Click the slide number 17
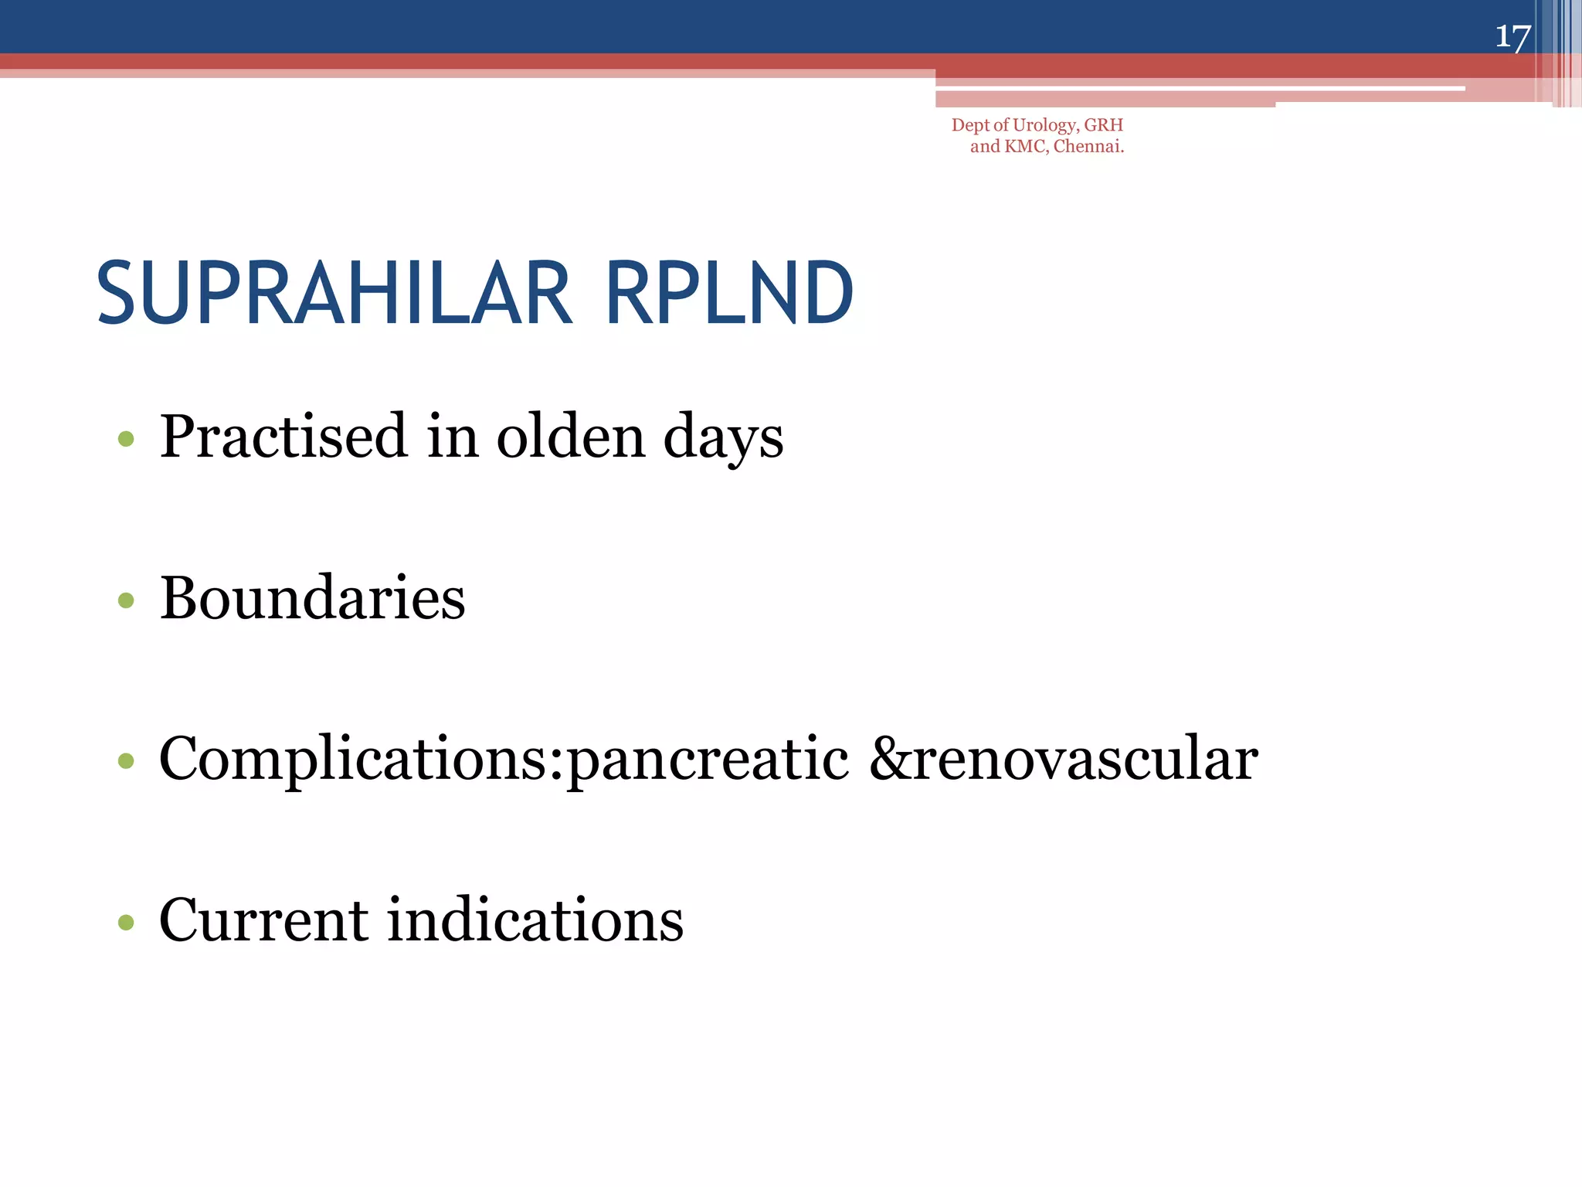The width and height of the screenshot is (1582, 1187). (1512, 36)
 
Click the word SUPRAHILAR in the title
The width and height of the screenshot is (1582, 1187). (334, 294)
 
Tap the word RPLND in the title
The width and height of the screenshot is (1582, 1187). (729, 294)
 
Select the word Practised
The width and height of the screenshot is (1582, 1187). (283, 437)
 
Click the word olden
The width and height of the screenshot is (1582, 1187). (570, 437)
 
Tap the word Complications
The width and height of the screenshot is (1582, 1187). (360, 759)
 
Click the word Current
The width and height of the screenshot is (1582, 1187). (263, 920)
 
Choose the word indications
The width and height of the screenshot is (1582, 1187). (535, 920)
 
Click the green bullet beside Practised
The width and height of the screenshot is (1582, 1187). (126, 440)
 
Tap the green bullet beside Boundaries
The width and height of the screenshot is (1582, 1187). (126, 600)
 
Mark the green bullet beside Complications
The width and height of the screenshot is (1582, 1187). (126, 761)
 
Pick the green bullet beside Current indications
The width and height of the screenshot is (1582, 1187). (126, 922)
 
